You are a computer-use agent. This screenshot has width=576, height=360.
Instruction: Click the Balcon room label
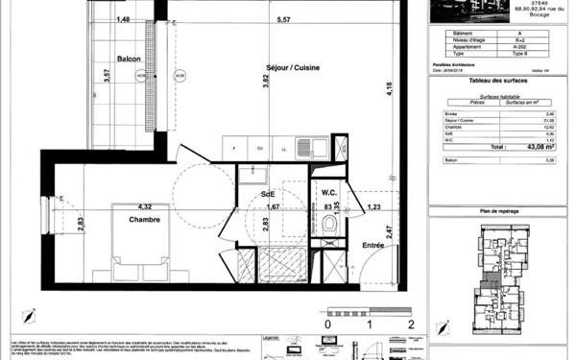pos(130,59)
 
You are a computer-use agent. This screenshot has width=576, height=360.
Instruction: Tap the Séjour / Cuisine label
pos(293,67)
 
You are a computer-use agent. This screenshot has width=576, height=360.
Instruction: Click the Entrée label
pos(372,246)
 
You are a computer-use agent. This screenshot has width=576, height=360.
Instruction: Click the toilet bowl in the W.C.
pos(330,224)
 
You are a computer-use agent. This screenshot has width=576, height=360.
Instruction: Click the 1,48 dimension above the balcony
pos(123,19)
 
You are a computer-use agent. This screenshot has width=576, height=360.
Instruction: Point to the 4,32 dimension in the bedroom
pos(145,206)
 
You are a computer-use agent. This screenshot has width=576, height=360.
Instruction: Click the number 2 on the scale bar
pos(411,325)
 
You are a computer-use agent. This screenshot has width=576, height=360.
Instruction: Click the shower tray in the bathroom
pos(278,260)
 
